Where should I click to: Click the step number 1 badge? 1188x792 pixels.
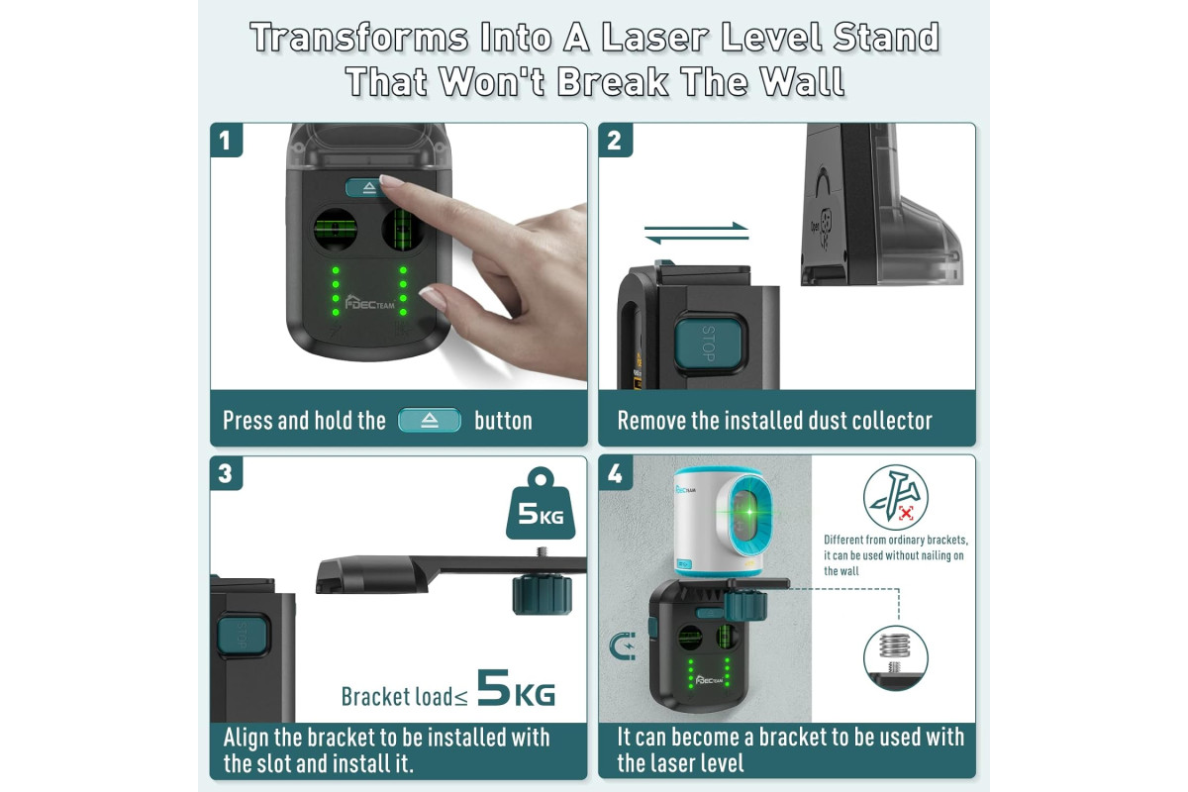pyautogui.click(x=227, y=140)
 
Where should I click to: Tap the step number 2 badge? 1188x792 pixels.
pyautogui.click(x=615, y=140)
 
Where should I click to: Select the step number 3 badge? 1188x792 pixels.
pyautogui.click(x=227, y=473)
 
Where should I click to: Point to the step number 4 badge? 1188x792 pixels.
pyautogui.click(x=615, y=473)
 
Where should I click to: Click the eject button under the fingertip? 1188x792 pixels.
pyautogui.click(x=367, y=187)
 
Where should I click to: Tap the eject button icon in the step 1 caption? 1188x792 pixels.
pyautogui.click(x=430, y=420)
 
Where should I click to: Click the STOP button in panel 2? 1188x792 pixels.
pyautogui.click(x=709, y=343)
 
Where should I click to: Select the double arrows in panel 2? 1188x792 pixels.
pyautogui.click(x=696, y=233)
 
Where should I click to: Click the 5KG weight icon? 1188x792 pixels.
pyautogui.click(x=541, y=504)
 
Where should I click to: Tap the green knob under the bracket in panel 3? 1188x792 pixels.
pyautogui.click(x=543, y=595)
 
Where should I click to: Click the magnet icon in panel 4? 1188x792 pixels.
pyautogui.click(x=622, y=646)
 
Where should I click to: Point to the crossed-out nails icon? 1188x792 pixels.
pyautogui.click(x=896, y=498)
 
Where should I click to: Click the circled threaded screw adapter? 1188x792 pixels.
pyautogui.click(x=896, y=657)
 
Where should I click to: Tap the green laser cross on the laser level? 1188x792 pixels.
pyautogui.click(x=749, y=512)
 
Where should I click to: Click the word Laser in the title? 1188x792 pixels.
pyautogui.click(x=655, y=39)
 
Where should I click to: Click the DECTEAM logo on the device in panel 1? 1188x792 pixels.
pyautogui.click(x=370, y=302)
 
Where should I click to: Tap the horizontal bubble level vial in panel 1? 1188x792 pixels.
pyautogui.click(x=336, y=230)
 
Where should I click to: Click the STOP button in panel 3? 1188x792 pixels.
pyautogui.click(x=243, y=636)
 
